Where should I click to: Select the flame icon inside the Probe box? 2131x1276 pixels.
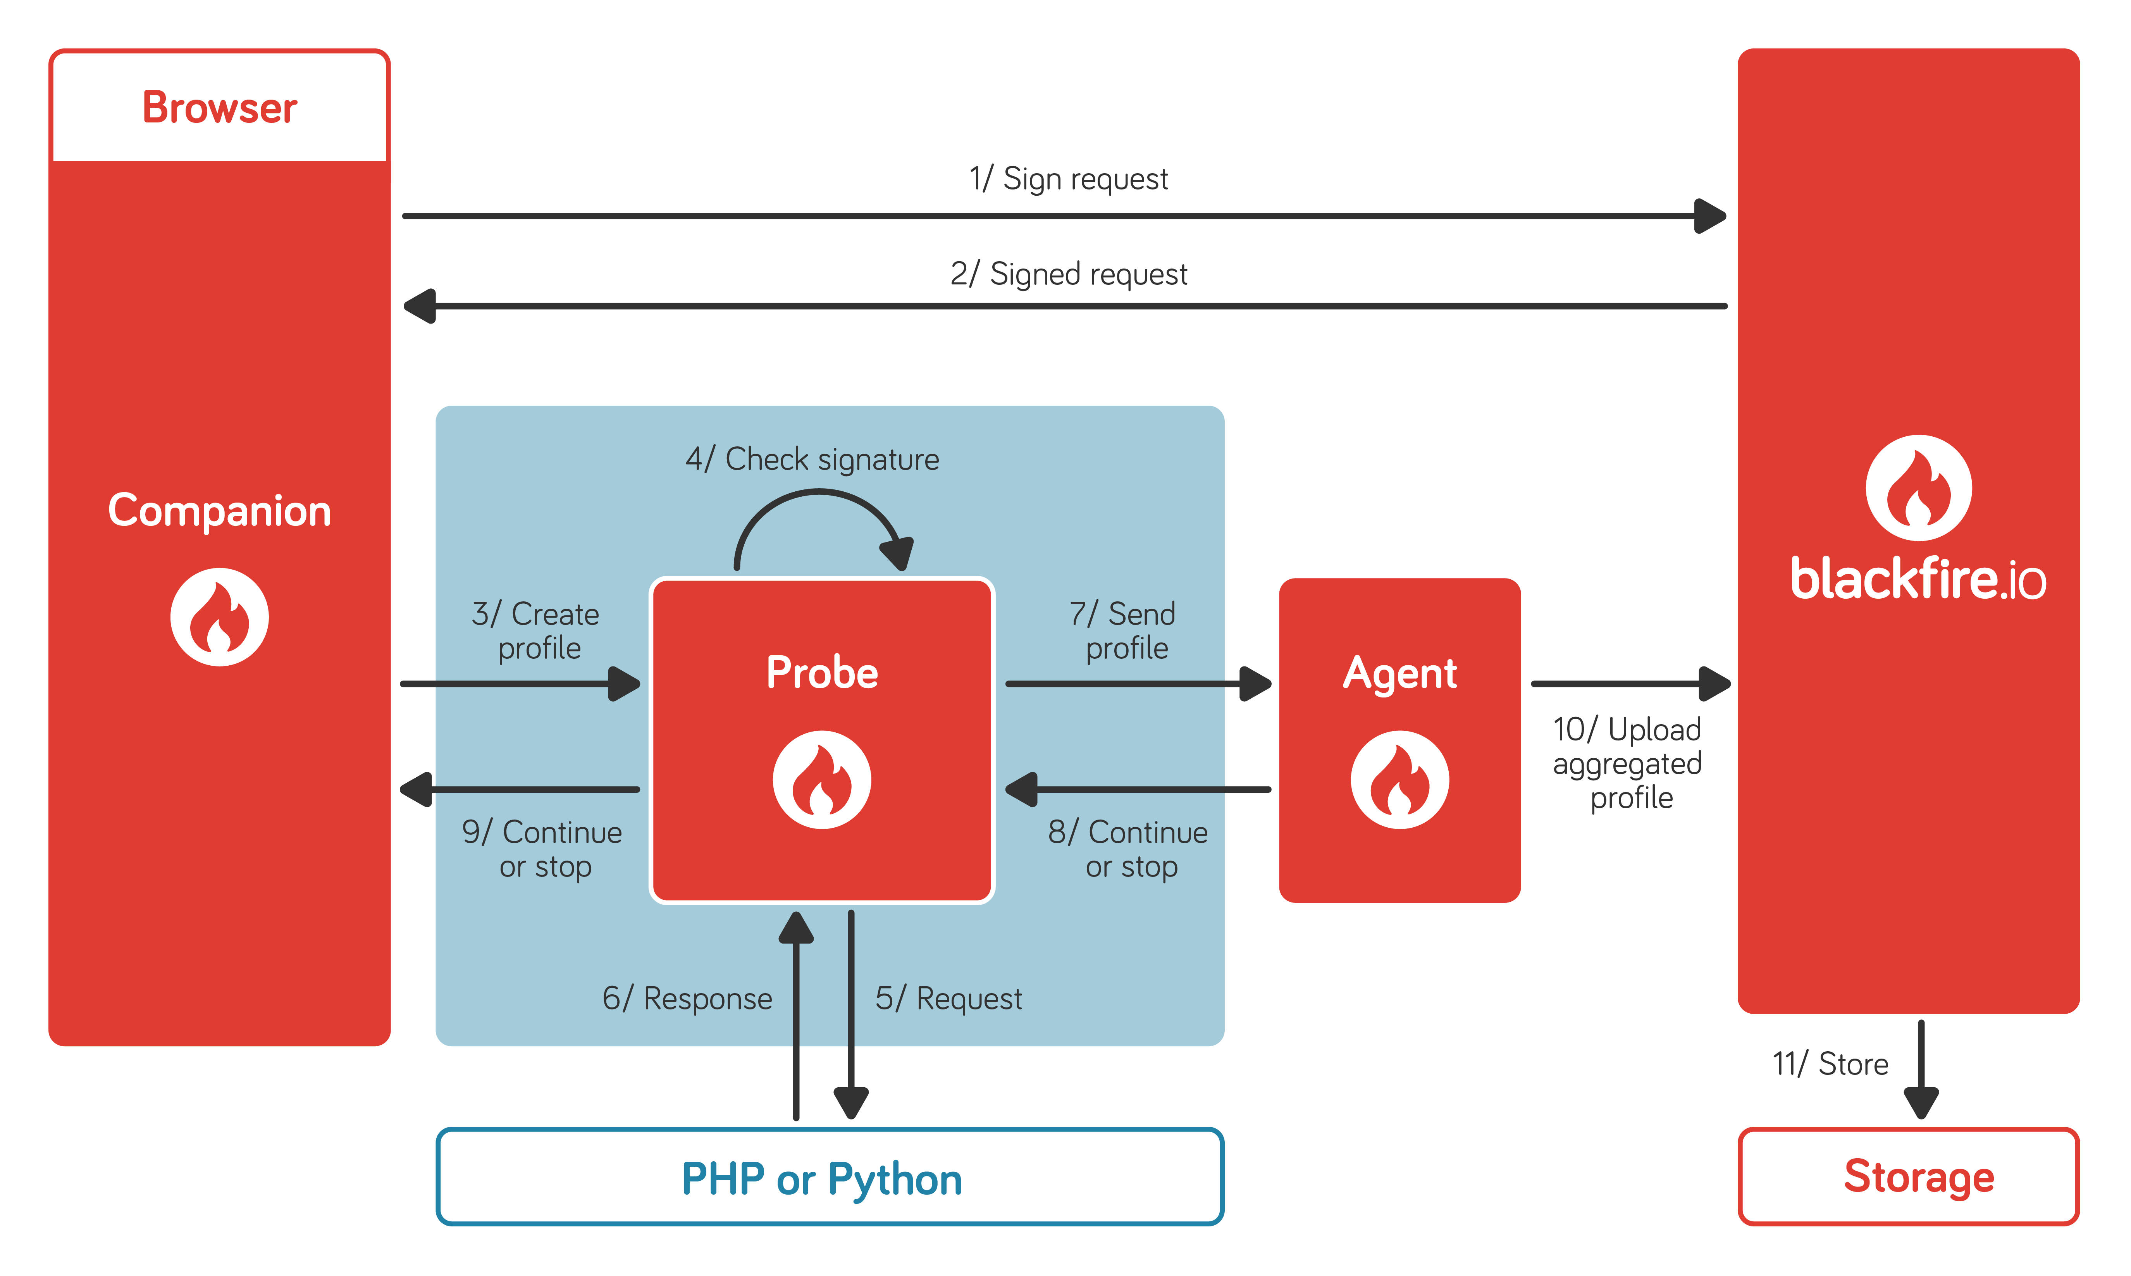822,780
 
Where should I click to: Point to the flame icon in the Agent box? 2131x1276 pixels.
1399,780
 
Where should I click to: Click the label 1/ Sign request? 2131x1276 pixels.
1069,179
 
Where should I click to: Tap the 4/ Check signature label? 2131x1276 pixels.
812,459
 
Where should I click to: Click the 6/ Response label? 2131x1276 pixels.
687,998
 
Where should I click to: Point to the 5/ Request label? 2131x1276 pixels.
948,998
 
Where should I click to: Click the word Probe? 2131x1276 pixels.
822,672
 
